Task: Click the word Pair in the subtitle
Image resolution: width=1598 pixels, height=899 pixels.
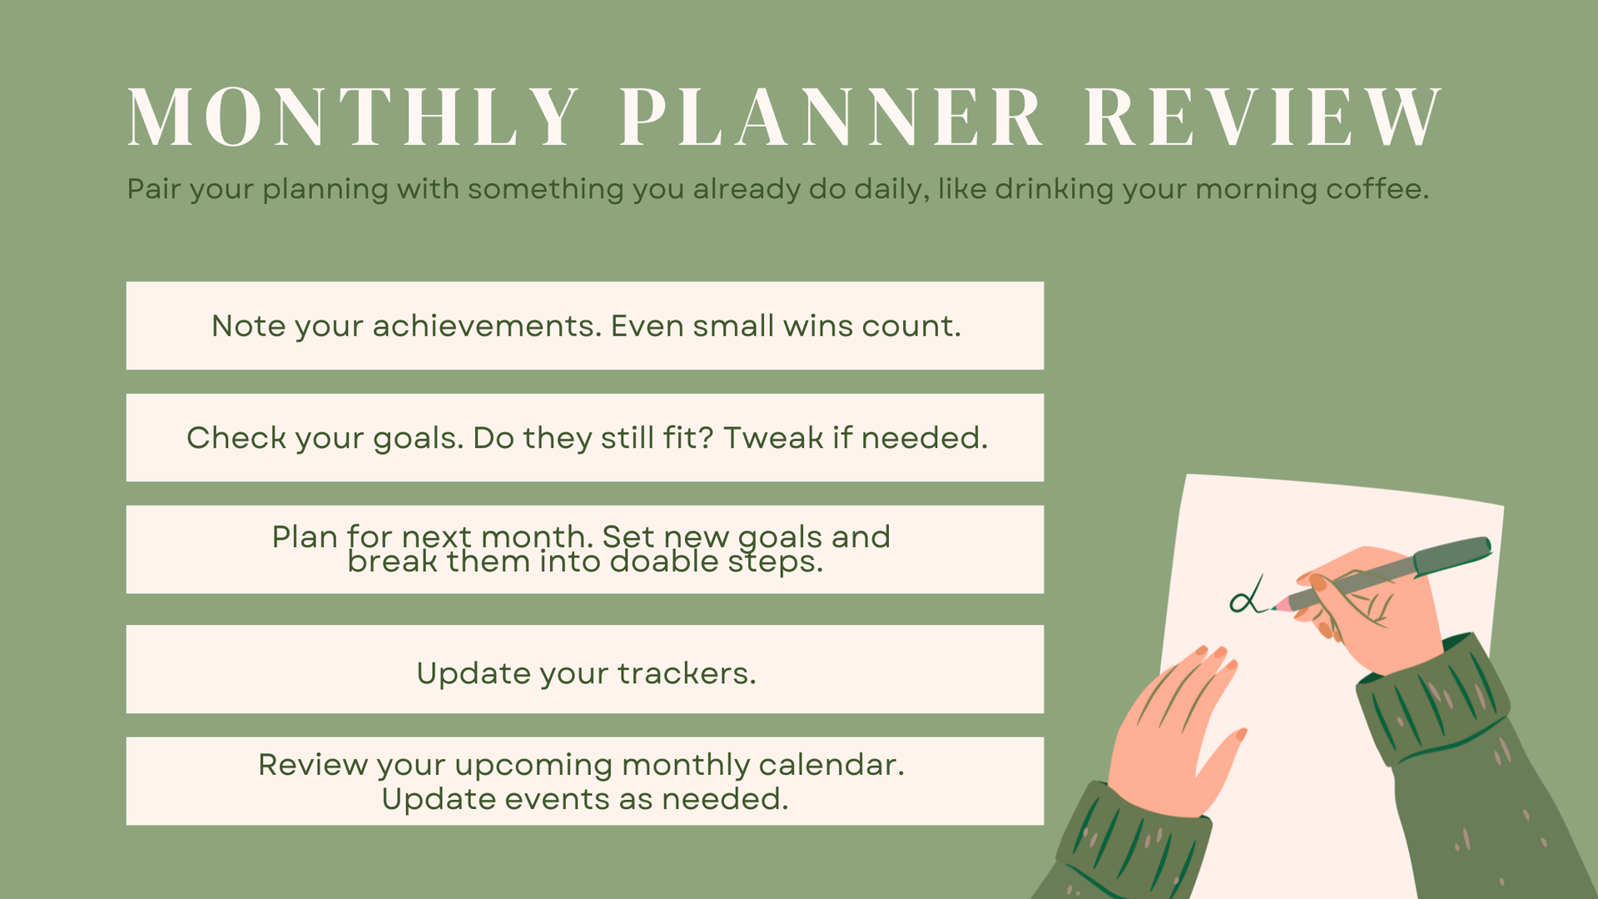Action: [154, 189]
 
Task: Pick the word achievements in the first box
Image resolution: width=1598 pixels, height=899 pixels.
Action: [487, 325]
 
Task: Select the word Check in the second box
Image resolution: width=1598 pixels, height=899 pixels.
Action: [236, 438]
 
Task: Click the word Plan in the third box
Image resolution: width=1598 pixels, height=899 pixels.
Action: [305, 537]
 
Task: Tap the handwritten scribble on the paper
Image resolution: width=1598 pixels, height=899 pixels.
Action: [1248, 596]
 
